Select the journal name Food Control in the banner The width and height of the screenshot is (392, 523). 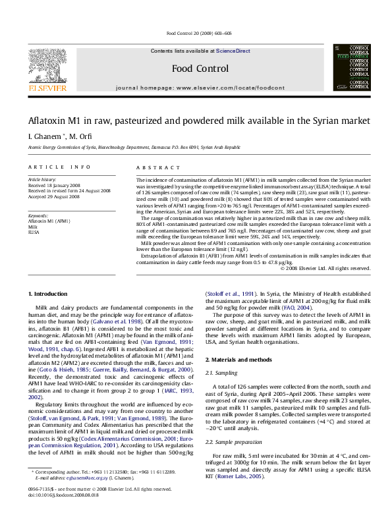pyautogui.click(x=196, y=69)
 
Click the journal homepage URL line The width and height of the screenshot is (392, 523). pyautogui.click(x=196, y=87)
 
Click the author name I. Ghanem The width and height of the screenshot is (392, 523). pyautogui.click(x=43, y=136)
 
